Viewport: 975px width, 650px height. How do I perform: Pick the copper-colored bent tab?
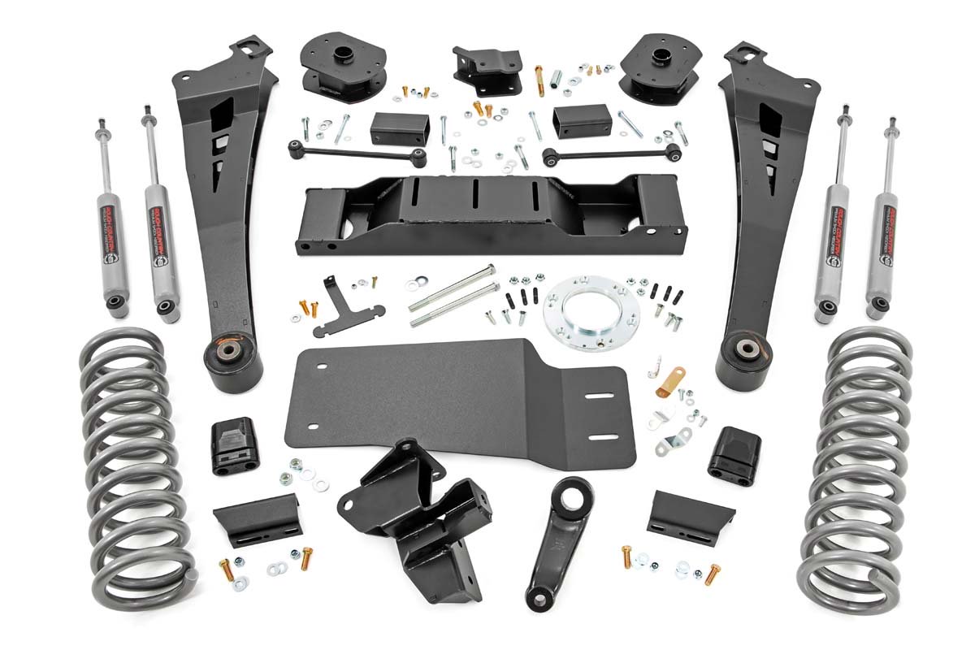[x=670, y=380]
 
